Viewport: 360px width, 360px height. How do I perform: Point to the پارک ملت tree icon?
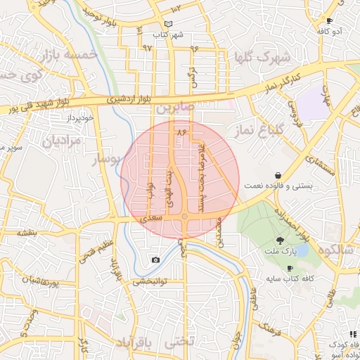point(280,242)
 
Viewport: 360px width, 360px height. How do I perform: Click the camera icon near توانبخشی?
point(155,260)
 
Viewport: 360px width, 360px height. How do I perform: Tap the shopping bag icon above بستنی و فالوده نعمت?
point(278,174)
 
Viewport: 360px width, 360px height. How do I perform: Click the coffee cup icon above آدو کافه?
point(329,21)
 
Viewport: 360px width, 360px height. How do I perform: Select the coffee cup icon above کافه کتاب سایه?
point(290,269)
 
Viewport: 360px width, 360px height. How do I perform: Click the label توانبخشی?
point(148,281)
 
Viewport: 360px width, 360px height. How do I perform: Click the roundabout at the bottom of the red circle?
point(184,217)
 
